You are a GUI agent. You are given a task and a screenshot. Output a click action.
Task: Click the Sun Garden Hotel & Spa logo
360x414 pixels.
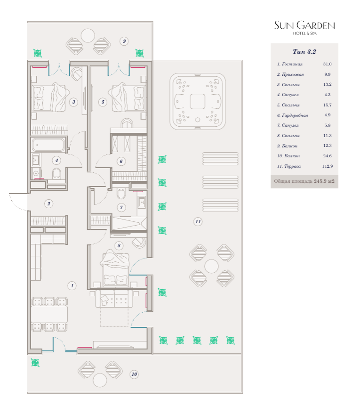click(304, 28)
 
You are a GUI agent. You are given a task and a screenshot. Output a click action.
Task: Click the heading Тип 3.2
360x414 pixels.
click(304, 51)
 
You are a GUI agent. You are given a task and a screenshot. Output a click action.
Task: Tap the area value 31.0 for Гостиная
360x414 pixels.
click(328, 64)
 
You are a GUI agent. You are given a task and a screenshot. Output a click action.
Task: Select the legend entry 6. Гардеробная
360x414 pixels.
click(293, 115)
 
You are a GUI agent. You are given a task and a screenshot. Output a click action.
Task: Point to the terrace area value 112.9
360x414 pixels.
click(328, 166)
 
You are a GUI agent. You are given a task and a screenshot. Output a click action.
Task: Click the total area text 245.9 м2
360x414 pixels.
click(324, 181)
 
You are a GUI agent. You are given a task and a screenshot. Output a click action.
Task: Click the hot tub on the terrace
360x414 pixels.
click(198, 101)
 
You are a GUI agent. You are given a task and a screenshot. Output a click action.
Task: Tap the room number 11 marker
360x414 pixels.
click(198, 221)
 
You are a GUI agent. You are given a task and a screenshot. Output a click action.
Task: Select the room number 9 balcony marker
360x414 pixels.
click(124, 41)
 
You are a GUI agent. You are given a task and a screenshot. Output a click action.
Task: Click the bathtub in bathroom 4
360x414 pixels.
click(48, 145)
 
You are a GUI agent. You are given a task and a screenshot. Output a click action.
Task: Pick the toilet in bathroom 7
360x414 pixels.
click(121, 193)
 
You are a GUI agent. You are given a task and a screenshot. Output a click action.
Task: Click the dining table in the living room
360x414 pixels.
click(49, 314)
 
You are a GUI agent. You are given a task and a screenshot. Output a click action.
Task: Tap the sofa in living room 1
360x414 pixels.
click(114, 298)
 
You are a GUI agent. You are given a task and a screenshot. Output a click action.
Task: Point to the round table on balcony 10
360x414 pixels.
click(100, 380)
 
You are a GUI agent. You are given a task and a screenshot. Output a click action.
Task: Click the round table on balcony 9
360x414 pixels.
click(88, 36)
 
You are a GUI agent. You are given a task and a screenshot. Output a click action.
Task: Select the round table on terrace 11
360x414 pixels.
click(211, 266)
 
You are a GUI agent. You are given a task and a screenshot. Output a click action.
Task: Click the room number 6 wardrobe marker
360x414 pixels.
click(121, 162)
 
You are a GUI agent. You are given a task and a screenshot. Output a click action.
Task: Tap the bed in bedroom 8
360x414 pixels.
click(115, 268)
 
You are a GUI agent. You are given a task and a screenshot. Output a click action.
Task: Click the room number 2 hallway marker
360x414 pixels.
click(48, 203)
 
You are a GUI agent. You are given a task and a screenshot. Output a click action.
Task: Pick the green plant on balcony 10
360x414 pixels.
click(35, 363)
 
